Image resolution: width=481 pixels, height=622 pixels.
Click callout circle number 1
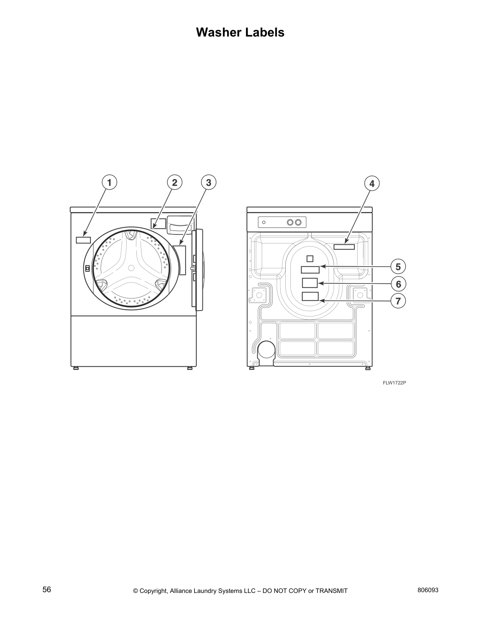[x=109, y=183]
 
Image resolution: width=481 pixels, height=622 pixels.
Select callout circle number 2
[x=174, y=183]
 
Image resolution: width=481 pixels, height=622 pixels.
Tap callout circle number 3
[x=209, y=183]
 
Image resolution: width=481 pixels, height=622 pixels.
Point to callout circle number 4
[x=372, y=183]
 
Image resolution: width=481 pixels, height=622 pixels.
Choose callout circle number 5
[x=398, y=267]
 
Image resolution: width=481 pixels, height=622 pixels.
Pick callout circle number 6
[x=398, y=284]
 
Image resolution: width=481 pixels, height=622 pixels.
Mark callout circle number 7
[x=398, y=301]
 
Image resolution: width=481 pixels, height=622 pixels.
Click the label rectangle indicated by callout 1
[x=83, y=240]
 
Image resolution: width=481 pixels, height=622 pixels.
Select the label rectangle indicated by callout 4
[x=344, y=247]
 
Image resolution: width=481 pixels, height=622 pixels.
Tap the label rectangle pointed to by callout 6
[x=310, y=283]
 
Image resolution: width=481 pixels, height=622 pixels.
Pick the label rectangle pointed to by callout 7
[x=310, y=296]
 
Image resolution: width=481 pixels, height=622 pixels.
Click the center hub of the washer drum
[x=131, y=268]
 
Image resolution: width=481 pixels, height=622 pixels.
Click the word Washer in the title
[x=218, y=32]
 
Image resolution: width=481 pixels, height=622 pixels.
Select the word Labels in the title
[x=265, y=32]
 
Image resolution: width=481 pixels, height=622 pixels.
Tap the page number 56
[x=47, y=589]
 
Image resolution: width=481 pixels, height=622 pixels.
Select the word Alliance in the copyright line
[x=184, y=591]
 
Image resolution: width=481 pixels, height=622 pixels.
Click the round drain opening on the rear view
[x=267, y=349]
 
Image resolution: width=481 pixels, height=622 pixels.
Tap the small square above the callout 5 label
[x=310, y=258]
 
